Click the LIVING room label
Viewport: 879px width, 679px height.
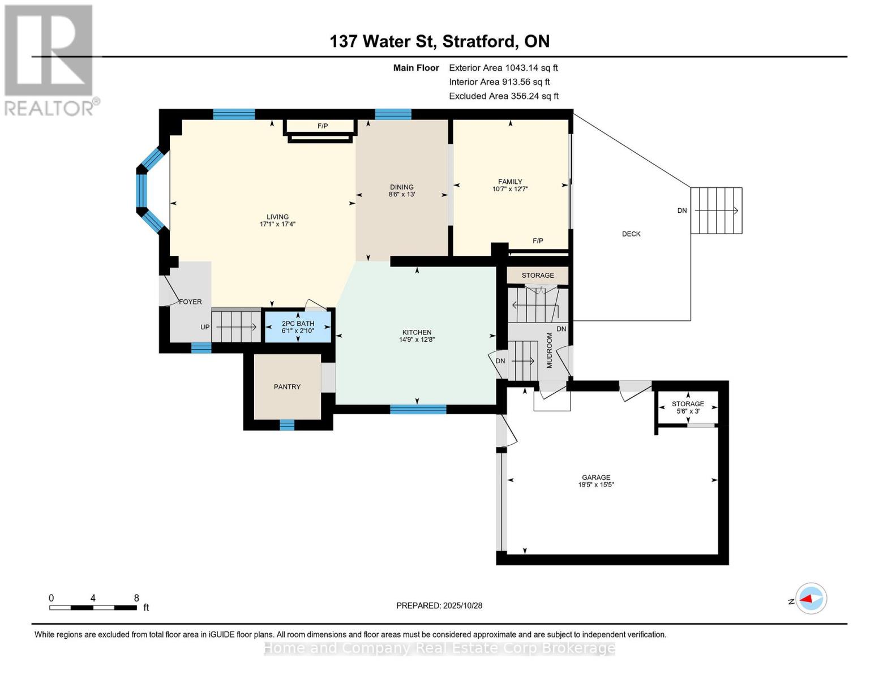click(277, 217)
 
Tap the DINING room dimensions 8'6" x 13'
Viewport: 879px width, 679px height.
click(401, 195)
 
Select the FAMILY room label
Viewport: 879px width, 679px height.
click(510, 182)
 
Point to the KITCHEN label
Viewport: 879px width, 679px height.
click(417, 332)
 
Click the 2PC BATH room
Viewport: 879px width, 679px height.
click(298, 327)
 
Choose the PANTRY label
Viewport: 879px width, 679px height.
click(287, 387)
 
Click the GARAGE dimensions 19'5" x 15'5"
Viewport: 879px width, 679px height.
click(596, 485)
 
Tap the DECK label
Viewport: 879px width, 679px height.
click(631, 234)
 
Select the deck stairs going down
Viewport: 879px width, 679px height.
click(716, 210)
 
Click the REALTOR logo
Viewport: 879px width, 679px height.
click(49, 59)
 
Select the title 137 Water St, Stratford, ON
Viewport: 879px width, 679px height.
click(439, 41)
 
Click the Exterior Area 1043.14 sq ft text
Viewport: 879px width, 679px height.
click(503, 68)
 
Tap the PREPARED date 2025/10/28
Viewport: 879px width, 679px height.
click(439, 605)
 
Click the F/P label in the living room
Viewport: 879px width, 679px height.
click(323, 126)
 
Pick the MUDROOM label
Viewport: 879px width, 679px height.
click(549, 350)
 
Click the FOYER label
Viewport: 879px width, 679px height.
click(190, 302)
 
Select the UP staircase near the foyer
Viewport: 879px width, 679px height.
click(235, 327)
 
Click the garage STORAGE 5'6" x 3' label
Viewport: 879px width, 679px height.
click(688, 407)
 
